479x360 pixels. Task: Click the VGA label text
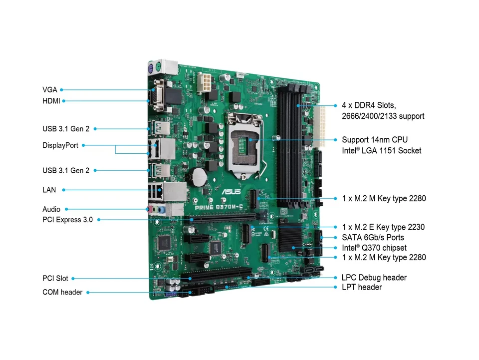tap(50, 90)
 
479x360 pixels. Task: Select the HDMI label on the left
tap(51, 101)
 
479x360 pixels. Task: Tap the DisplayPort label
tap(60, 145)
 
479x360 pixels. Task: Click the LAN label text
tap(49, 190)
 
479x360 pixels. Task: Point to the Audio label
tap(51, 209)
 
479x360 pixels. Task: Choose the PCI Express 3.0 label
tap(67, 219)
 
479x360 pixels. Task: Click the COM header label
tap(62, 292)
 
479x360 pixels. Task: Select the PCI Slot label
tap(55, 279)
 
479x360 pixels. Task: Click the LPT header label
tap(362, 287)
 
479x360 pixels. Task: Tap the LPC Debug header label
tap(374, 278)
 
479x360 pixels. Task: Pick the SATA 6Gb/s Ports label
tap(373, 238)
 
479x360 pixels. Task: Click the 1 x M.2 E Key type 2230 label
tap(383, 227)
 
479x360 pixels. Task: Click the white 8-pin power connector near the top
tap(204, 83)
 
